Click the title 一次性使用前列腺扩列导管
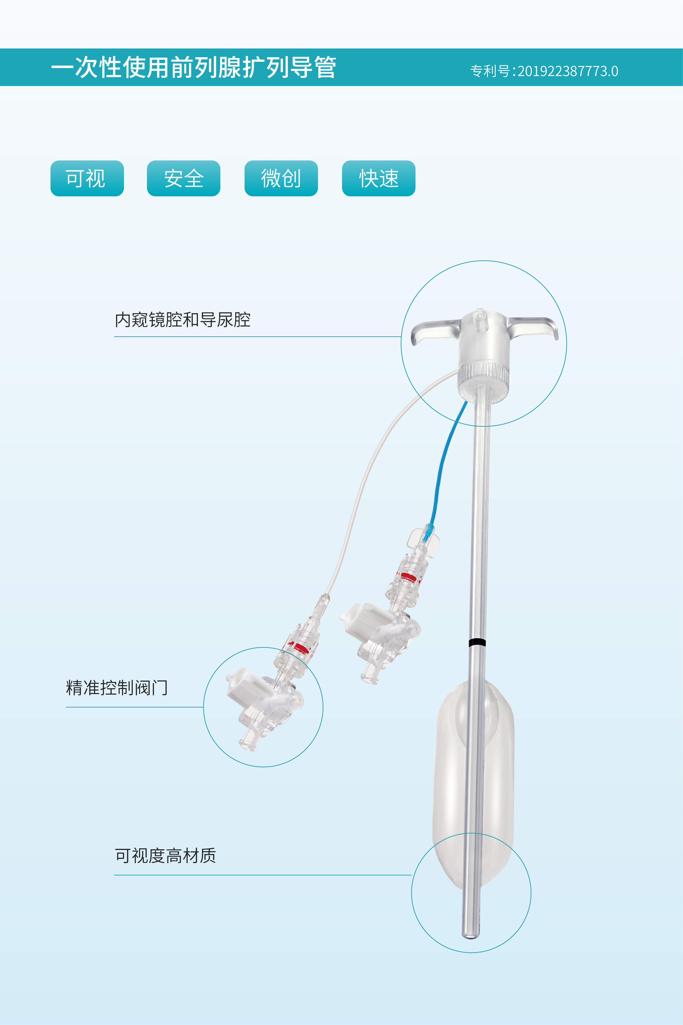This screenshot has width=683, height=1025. (x=193, y=68)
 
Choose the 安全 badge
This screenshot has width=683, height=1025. (x=183, y=178)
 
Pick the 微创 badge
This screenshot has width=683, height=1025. (x=281, y=178)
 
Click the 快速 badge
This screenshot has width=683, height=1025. (x=379, y=178)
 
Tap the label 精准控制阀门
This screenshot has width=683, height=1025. (x=117, y=688)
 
